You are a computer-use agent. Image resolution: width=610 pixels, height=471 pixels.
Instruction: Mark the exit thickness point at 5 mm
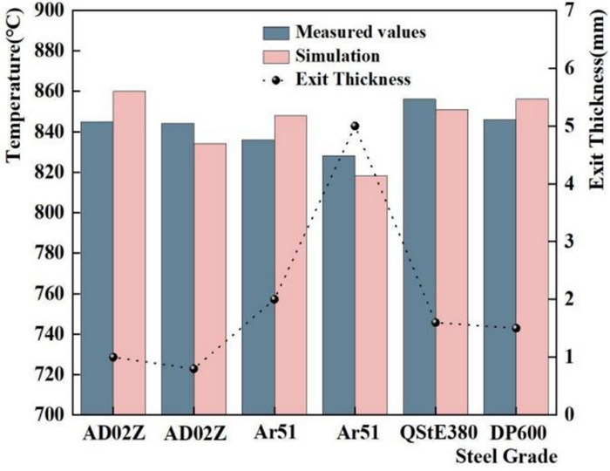pos(355,126)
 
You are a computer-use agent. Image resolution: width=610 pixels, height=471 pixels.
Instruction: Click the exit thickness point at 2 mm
pos(274,299)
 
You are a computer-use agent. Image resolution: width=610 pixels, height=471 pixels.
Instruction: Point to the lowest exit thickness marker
pos(193,368)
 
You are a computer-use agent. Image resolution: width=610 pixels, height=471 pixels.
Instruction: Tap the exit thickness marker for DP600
pos(516,328)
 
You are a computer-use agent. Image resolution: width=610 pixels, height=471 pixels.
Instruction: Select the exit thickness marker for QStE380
pos(436,322)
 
